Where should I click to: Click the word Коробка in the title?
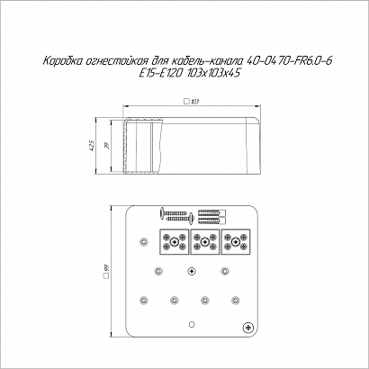tap(62, 61)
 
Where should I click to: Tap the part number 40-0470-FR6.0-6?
tap(289, 61)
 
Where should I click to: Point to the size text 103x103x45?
tap(212, 73)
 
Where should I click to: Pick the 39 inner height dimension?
tap(108, 146)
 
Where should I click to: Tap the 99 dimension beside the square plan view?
tap(107, 267)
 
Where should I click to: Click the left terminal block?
tap(174, 242)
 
